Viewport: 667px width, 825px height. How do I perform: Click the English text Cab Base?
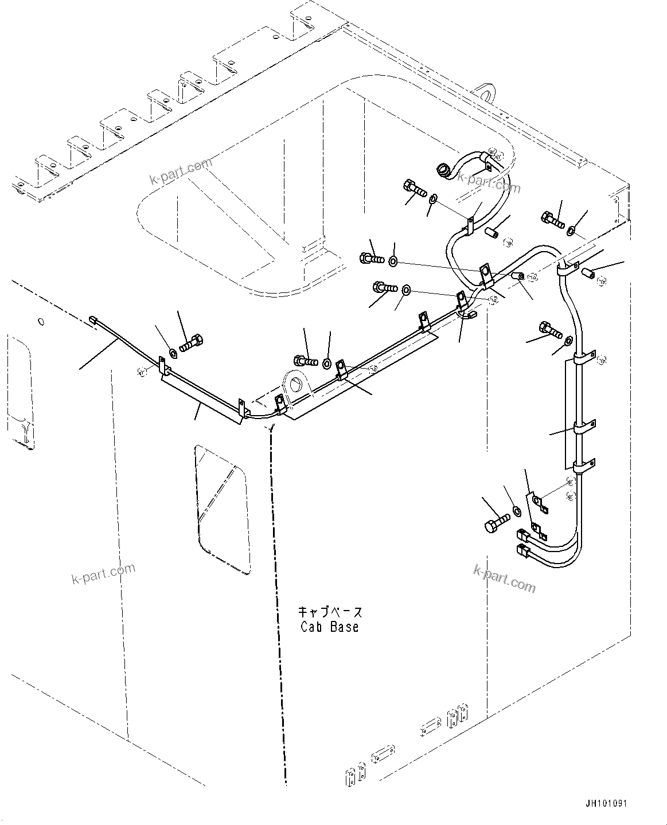[x=330, y=627]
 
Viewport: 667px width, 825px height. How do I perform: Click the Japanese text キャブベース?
[x=330, y=612]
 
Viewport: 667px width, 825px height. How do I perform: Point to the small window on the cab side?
[x=222, y=508]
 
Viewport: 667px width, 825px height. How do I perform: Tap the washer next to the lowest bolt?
[x=516, y=510]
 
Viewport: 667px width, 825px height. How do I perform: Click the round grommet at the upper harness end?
[x=444, y=170]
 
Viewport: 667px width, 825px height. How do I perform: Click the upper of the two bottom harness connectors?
[x=522, y=535]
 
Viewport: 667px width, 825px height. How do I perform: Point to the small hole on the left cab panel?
[x=40, y=322]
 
